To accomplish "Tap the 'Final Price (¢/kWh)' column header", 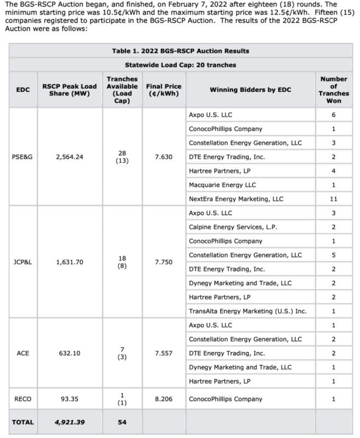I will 164,90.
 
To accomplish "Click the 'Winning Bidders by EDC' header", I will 249,90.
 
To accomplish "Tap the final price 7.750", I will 164,262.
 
